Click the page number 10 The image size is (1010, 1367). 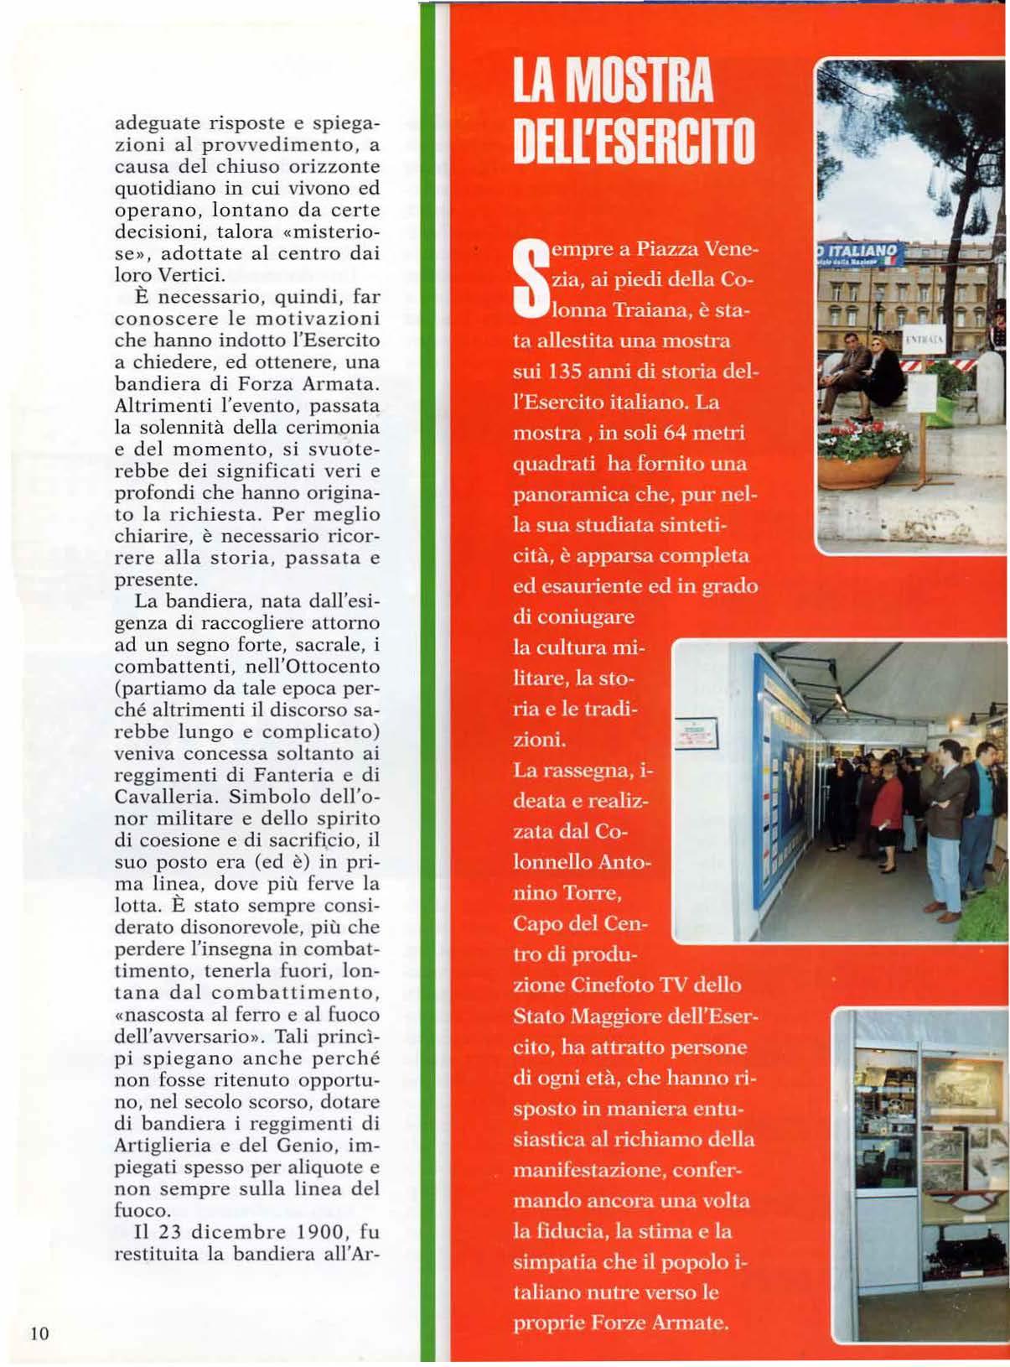coord(39,1333)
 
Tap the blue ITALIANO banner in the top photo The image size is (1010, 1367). coord(860,252)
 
